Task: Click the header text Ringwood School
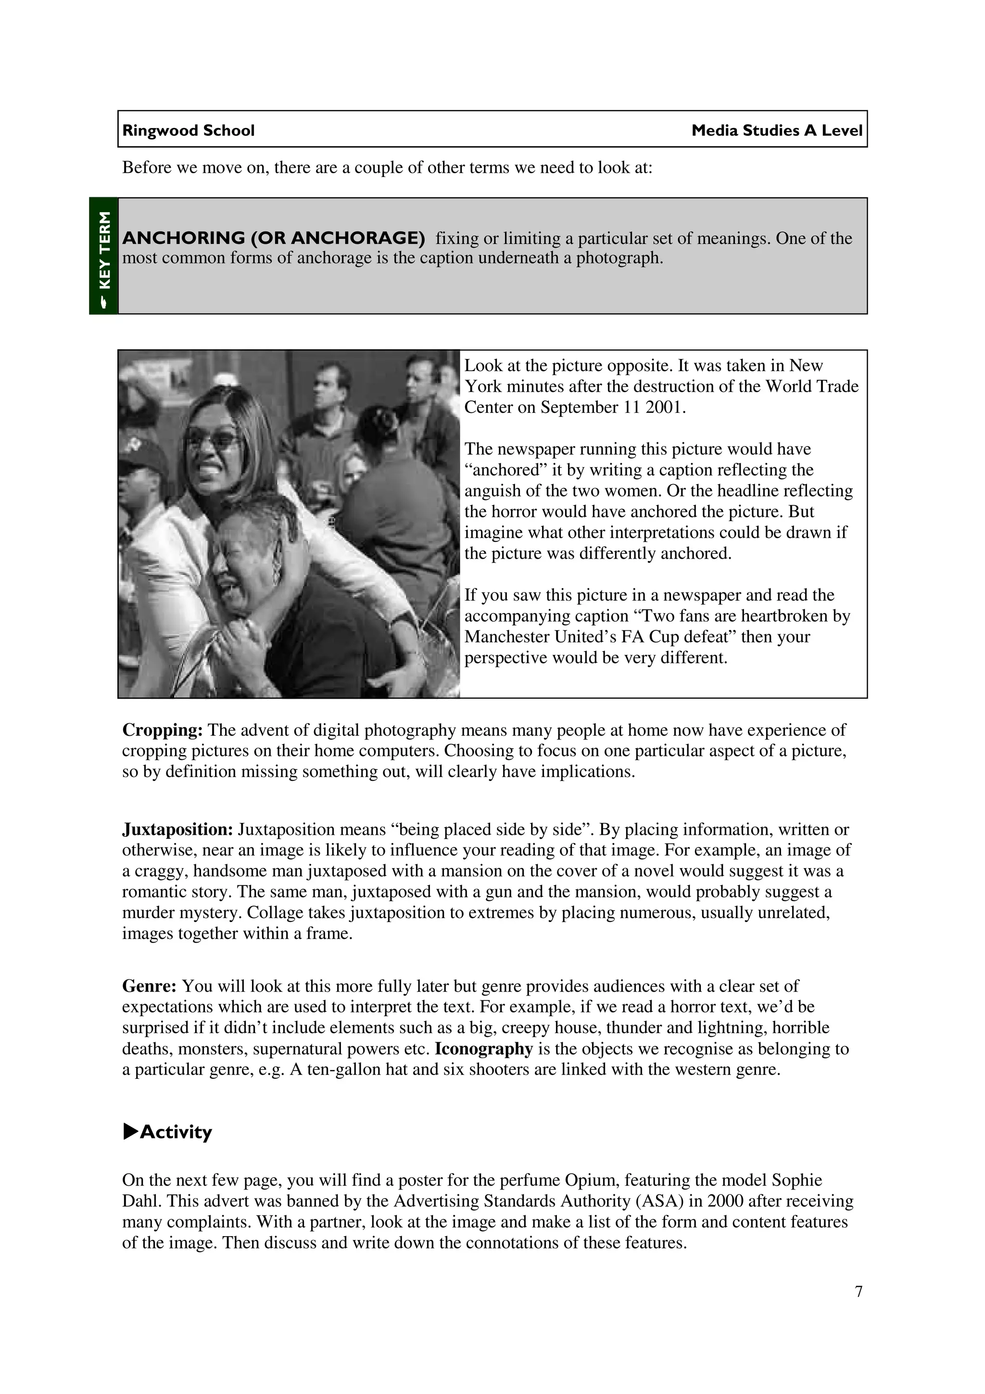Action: (x=188, y=130)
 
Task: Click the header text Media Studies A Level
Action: (x=776, y=130)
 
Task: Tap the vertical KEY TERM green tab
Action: (x=104, y=255)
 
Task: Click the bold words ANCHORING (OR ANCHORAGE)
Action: (x=274, y=238)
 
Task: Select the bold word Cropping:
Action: (x=162, y=730)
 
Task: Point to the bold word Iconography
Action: (x=484, y=1049)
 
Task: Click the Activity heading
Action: (x=176, y=1132)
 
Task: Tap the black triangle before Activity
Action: (x=130, y=1131)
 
